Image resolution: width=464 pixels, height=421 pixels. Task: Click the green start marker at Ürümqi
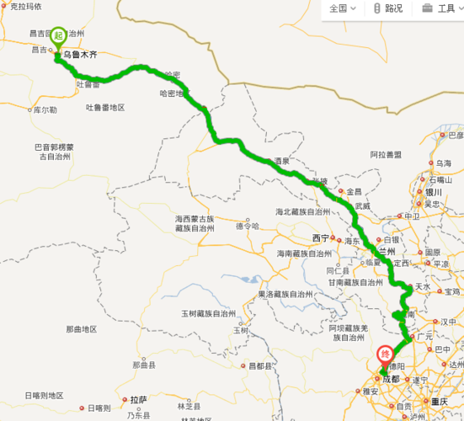58,37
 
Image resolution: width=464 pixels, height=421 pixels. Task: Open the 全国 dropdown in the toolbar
342,8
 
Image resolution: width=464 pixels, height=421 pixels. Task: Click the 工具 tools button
439,8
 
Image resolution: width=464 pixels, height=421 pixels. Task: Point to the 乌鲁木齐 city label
80,55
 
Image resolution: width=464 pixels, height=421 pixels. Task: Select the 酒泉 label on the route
281,161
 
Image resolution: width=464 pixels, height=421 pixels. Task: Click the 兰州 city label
387,251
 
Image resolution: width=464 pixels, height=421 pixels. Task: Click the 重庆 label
439,402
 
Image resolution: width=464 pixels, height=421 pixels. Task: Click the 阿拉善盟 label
386,155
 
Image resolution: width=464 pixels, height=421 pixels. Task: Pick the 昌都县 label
261,366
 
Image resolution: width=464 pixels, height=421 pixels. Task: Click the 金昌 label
353,191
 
